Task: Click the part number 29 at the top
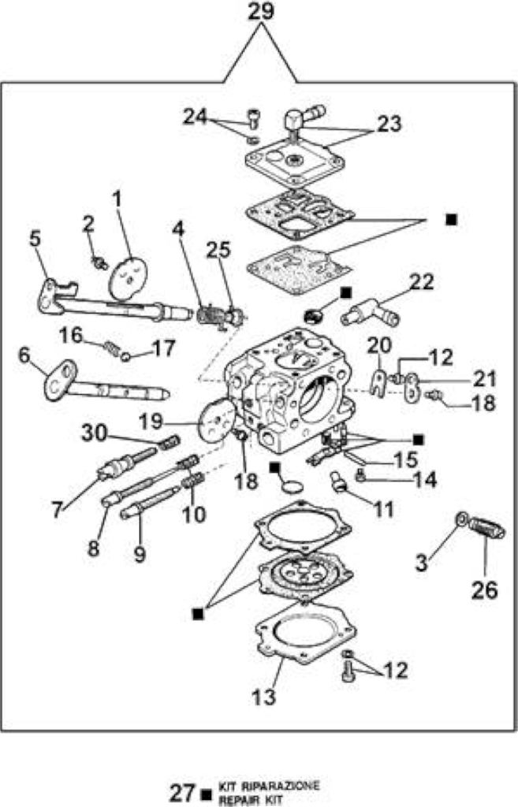point(261,11)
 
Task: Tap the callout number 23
point(388,124)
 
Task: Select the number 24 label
point(196,117)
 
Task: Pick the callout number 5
point(35,239)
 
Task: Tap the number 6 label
point(24,356)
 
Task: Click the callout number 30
point(94,433)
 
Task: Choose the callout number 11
point(382,509)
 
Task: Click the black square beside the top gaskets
point(452,220)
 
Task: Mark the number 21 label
point(485,379)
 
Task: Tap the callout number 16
point(70,336)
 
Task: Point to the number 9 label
point(140,554)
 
